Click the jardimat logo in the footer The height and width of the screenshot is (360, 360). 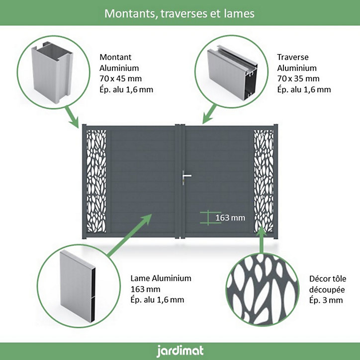(180, 351)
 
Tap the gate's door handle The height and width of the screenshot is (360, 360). (186, 178)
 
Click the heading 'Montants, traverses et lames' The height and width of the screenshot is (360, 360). (180, 13)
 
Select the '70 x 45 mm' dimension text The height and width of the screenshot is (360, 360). (120, 79)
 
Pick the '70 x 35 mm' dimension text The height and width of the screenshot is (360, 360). (298, 79)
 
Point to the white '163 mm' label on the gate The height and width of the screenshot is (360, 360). (230, 218)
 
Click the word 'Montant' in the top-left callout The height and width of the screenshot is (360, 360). (115, 57)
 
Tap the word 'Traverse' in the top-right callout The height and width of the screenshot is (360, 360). (293, 57)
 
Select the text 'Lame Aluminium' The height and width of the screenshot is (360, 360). (161, 278)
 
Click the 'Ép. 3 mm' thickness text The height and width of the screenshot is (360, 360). (326, 300)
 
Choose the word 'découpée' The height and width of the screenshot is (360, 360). (327, 289)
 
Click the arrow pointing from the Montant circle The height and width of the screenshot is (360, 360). (72, 117)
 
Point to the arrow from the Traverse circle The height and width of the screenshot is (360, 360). (209, 114)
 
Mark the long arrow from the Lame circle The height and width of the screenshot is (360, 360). (129, 236)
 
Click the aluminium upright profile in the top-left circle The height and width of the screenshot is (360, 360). (53, 72)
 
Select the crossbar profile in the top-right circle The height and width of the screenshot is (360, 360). (232, 72)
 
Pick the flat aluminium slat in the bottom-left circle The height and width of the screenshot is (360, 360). (78, 286)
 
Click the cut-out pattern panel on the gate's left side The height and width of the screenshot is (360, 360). (96, 181)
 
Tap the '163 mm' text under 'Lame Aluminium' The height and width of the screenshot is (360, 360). (145, 289)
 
